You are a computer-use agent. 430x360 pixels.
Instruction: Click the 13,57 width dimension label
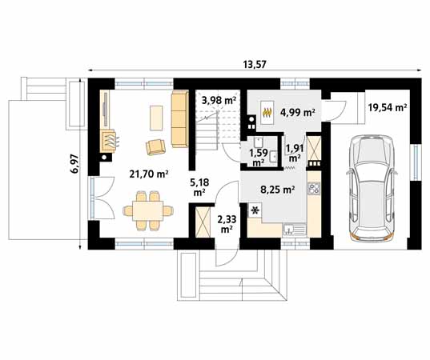pos(255,64)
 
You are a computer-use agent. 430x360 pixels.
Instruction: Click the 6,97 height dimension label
pos(74,164)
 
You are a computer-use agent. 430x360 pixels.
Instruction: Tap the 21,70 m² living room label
pos(149,174)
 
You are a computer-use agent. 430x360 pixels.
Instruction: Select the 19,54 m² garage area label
pos(388,107)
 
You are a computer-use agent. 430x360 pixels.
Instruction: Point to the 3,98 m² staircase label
pos(219,101)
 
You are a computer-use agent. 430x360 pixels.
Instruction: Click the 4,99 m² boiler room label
pos(297,112)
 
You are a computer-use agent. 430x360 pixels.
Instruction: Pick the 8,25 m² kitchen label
pos(278,190)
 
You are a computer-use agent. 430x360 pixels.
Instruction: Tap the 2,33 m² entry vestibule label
pos(227,224)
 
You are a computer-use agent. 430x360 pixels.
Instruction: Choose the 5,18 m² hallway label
pos(199,187)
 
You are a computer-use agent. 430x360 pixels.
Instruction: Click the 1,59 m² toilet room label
pos(257,158)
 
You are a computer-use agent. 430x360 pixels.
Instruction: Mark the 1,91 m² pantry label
pos(295,153)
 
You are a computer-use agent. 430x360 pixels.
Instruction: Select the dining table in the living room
pos(148,211)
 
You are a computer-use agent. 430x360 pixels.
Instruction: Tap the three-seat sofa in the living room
pos(180,119)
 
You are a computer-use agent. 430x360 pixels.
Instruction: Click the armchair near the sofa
pos(156,147)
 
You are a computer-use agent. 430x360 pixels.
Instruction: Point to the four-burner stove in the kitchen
pos(314,189)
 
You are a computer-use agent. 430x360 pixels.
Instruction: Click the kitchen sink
pos(294,230)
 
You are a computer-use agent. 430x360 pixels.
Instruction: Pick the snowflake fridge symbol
pos(255,210)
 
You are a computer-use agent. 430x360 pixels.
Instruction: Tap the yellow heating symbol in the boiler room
pos(267,112)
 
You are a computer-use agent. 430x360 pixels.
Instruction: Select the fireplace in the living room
pos(108,141)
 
